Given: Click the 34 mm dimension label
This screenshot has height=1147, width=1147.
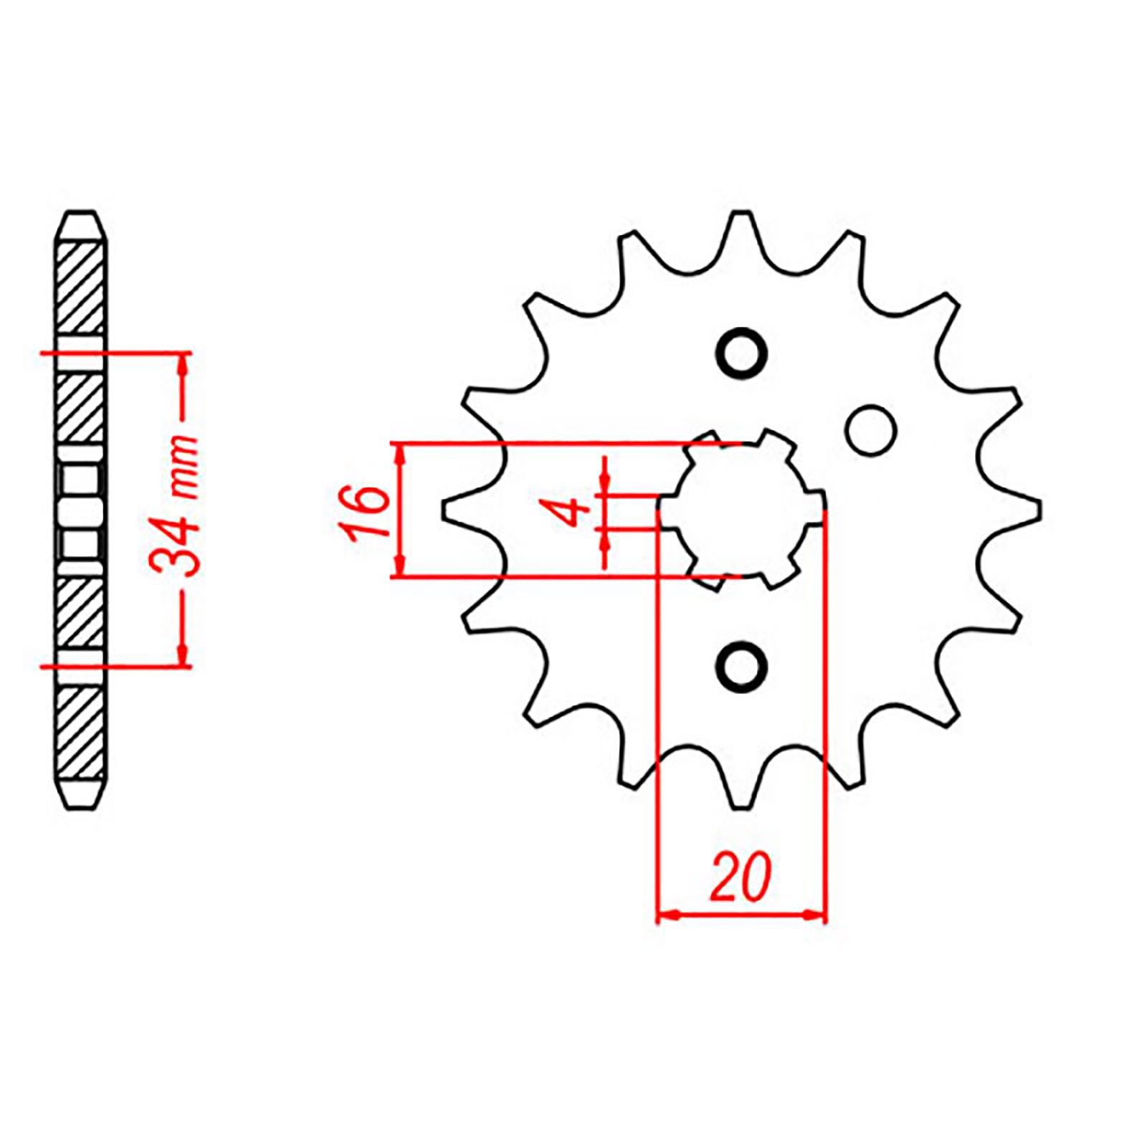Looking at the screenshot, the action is (x=173, y=506).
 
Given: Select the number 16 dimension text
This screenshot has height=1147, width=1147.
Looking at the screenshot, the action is (x=367, y=510).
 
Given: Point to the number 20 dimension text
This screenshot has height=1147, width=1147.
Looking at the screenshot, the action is (x=741, y=877).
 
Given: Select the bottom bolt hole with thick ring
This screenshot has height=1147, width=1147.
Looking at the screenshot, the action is (x=742, y=667).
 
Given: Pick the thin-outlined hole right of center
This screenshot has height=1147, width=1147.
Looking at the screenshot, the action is (x=871, y=430).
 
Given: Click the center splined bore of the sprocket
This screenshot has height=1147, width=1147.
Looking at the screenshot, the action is (x=742, y=510).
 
